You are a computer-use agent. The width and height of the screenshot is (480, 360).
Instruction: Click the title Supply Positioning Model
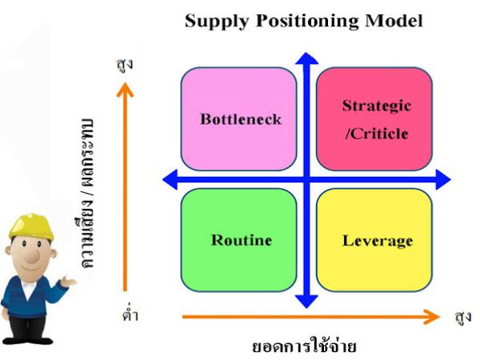[303, 21]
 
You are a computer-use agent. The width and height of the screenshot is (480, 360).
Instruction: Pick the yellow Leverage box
[374, 240]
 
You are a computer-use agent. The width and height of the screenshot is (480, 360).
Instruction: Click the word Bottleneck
[241, 120]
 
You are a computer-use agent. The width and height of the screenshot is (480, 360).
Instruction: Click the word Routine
[242, 240]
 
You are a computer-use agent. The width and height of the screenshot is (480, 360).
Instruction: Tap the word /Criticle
[376, 134]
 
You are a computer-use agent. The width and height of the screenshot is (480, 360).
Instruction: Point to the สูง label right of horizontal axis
[462, 317]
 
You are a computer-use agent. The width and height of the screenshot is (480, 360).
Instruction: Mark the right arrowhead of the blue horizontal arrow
[442, 180]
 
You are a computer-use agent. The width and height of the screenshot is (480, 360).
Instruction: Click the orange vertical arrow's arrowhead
[124, 87]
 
